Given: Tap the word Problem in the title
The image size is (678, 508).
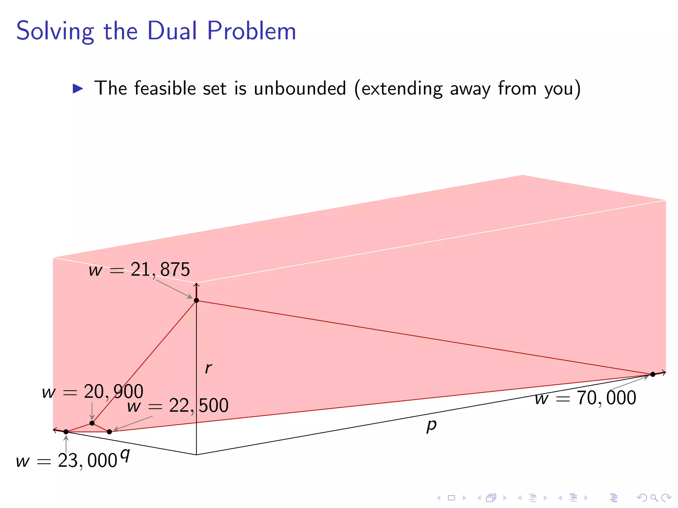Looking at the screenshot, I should click(252, 31).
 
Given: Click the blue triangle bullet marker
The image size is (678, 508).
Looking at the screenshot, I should click(78, 89).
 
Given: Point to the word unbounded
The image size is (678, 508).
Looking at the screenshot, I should click(300, 89).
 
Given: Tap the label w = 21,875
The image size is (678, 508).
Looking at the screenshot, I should click(139, 270).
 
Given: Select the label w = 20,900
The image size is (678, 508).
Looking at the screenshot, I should click(93, 392).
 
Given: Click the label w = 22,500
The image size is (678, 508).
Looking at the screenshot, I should click(178, 406).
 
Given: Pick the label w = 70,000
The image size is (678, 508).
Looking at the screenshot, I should click(585, 398).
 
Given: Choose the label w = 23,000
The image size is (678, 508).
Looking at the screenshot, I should click(67, 461).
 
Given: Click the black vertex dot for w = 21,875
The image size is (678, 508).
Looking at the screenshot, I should click(196, 300).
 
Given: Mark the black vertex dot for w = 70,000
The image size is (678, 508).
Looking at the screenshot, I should click(653, 374).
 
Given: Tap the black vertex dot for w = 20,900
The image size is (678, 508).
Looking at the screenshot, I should click(92, 423).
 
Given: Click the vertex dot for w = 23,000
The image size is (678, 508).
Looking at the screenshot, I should click(66, 432).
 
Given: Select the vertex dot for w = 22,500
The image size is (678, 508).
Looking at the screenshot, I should click(109, 432).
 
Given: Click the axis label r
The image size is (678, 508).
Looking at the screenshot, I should click(208, 368).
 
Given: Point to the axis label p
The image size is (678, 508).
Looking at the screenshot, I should click(431, 426).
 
